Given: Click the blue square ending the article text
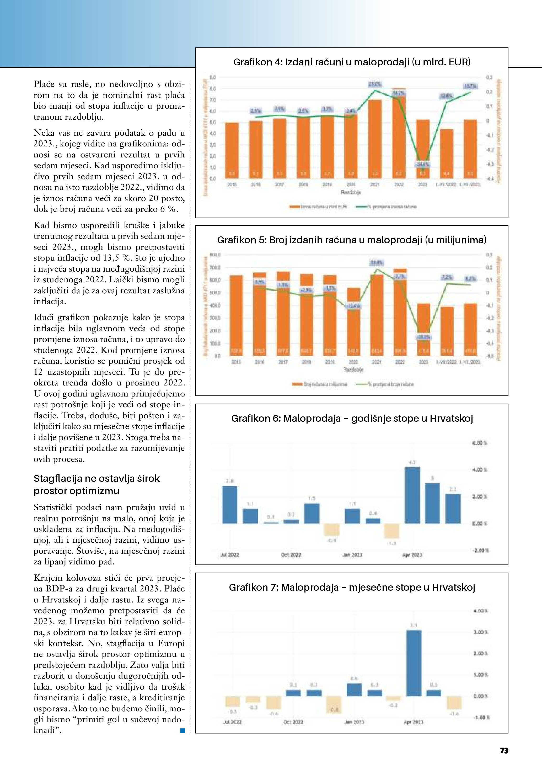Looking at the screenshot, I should pyautogui.click(x=183, y=731).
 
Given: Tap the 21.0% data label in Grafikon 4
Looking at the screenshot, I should pyautogui.click(x=375, y=84).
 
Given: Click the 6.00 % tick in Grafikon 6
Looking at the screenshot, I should pyautogui.click(x=479, y=443).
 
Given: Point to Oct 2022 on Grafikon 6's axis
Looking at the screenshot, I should pyautogui.click(x=291, y=555).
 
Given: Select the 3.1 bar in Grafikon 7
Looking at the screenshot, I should pyautogui.click(x=414, y=663).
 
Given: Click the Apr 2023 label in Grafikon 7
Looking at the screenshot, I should pyautogui.click(x=414, y=722).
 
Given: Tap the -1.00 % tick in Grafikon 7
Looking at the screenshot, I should pyautogui.click(x=481, y=717).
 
